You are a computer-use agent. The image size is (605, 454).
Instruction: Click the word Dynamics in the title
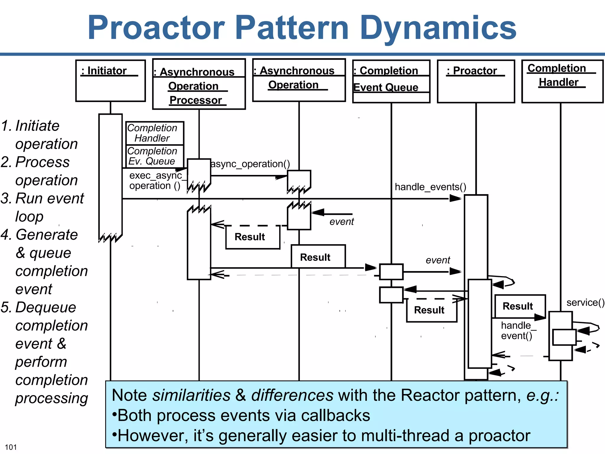coord(438,28)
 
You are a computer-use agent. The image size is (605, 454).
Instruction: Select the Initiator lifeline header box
coord(110,81)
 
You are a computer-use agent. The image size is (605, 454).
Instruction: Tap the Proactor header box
coord(476,81)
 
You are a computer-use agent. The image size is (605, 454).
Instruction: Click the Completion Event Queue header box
coord(391,81)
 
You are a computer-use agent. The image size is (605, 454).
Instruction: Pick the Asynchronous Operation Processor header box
coord(199,84)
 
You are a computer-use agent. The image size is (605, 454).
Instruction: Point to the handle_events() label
coord(430,187)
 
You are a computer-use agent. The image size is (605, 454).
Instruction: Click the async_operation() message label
coord(250,164)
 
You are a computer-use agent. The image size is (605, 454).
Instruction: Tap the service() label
coord(585,302)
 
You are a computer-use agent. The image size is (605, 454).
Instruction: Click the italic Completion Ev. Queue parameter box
coord(154,156)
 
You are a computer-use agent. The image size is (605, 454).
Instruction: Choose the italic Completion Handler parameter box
coord(154,133)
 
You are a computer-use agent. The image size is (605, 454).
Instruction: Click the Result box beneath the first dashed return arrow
coord(253,237)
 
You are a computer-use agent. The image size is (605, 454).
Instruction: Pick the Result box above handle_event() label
coord(520,306)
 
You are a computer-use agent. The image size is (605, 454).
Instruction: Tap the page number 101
coord(11,447)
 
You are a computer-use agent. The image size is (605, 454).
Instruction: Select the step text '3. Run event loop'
coord(43,207)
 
